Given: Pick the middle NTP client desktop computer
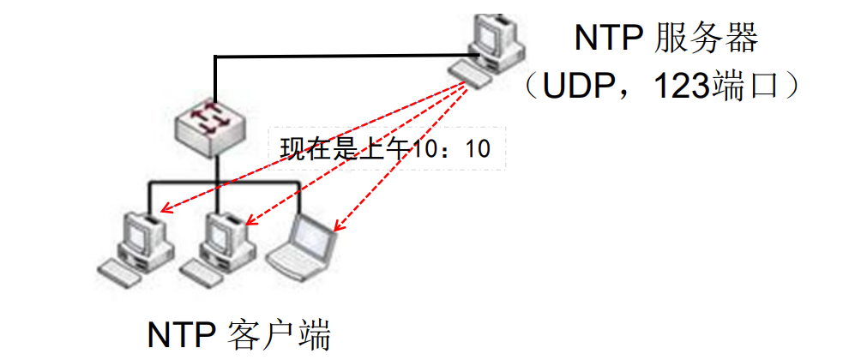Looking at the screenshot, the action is click(x=224, y=236).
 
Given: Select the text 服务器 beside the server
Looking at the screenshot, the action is click(x=707, y=38).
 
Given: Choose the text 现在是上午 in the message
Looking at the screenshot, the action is click(x=347, y=149).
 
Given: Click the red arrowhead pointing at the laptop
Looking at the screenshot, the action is click(x=337, y=228).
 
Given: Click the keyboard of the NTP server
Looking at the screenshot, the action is click(x=472, y=73).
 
